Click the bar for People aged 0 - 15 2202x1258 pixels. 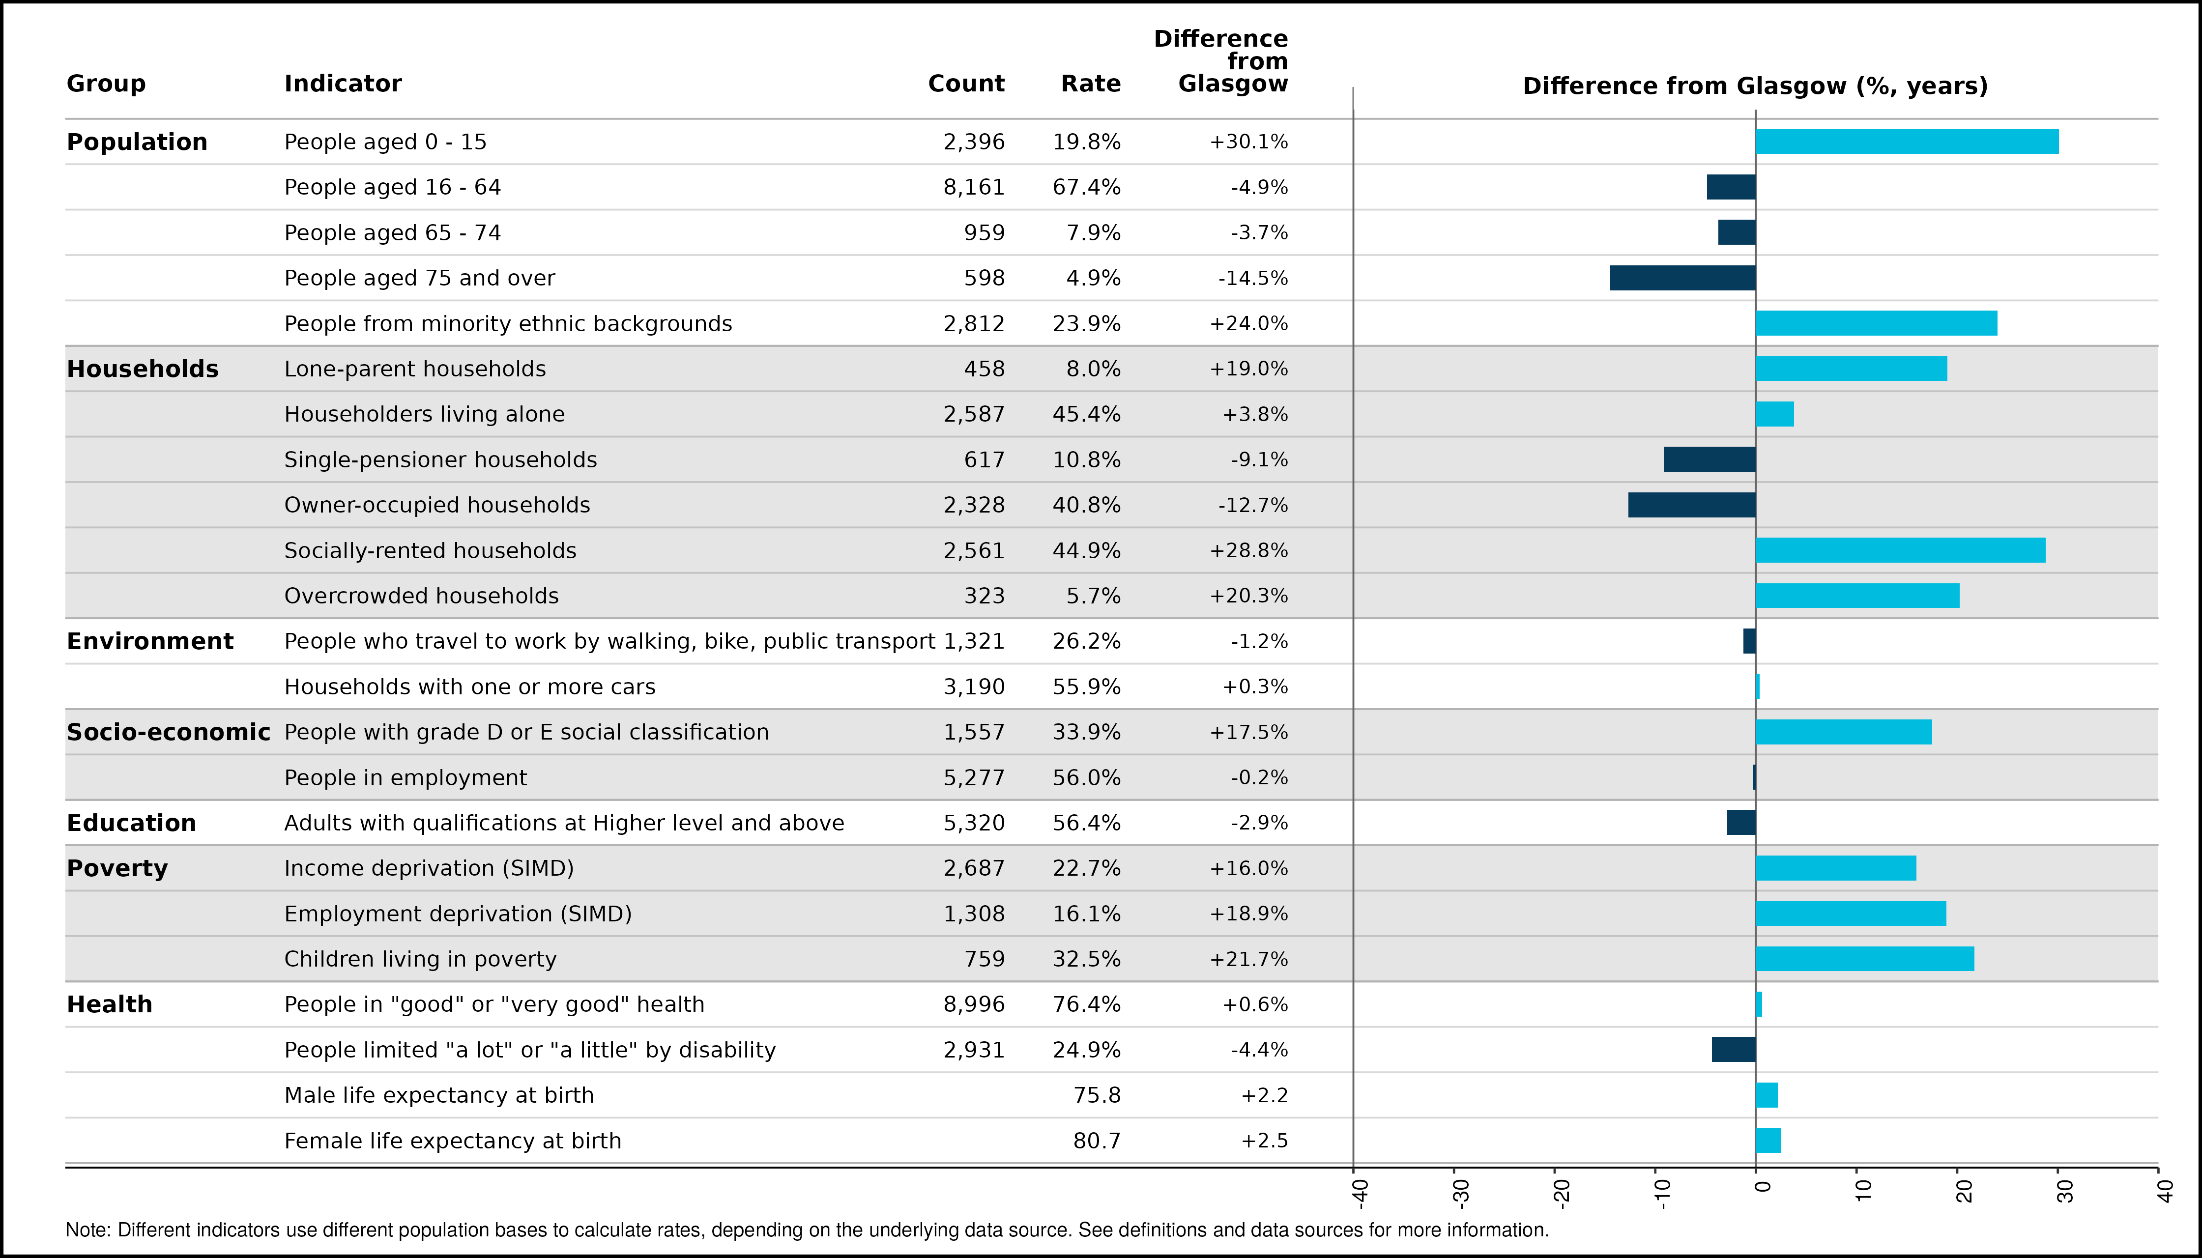(1907, 142)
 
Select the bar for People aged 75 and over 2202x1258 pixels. (1682, 278)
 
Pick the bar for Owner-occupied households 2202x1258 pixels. (1692, 506)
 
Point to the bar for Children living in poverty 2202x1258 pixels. (1865, 959)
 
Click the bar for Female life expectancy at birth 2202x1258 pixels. (1768, 1141)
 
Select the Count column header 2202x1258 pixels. (966, 84)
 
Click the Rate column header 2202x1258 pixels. (1091, 84)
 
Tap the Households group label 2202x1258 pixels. (143, 369)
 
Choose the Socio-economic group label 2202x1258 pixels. (169, 733)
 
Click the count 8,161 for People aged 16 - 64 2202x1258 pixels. (974, 188)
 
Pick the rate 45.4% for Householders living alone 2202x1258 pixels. (1086, 415)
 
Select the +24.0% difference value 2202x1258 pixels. (1249, 324)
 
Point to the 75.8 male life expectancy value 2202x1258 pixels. (1097, 1095)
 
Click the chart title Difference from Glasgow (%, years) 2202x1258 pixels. (1755, 86)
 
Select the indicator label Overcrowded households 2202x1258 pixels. (422, 596)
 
